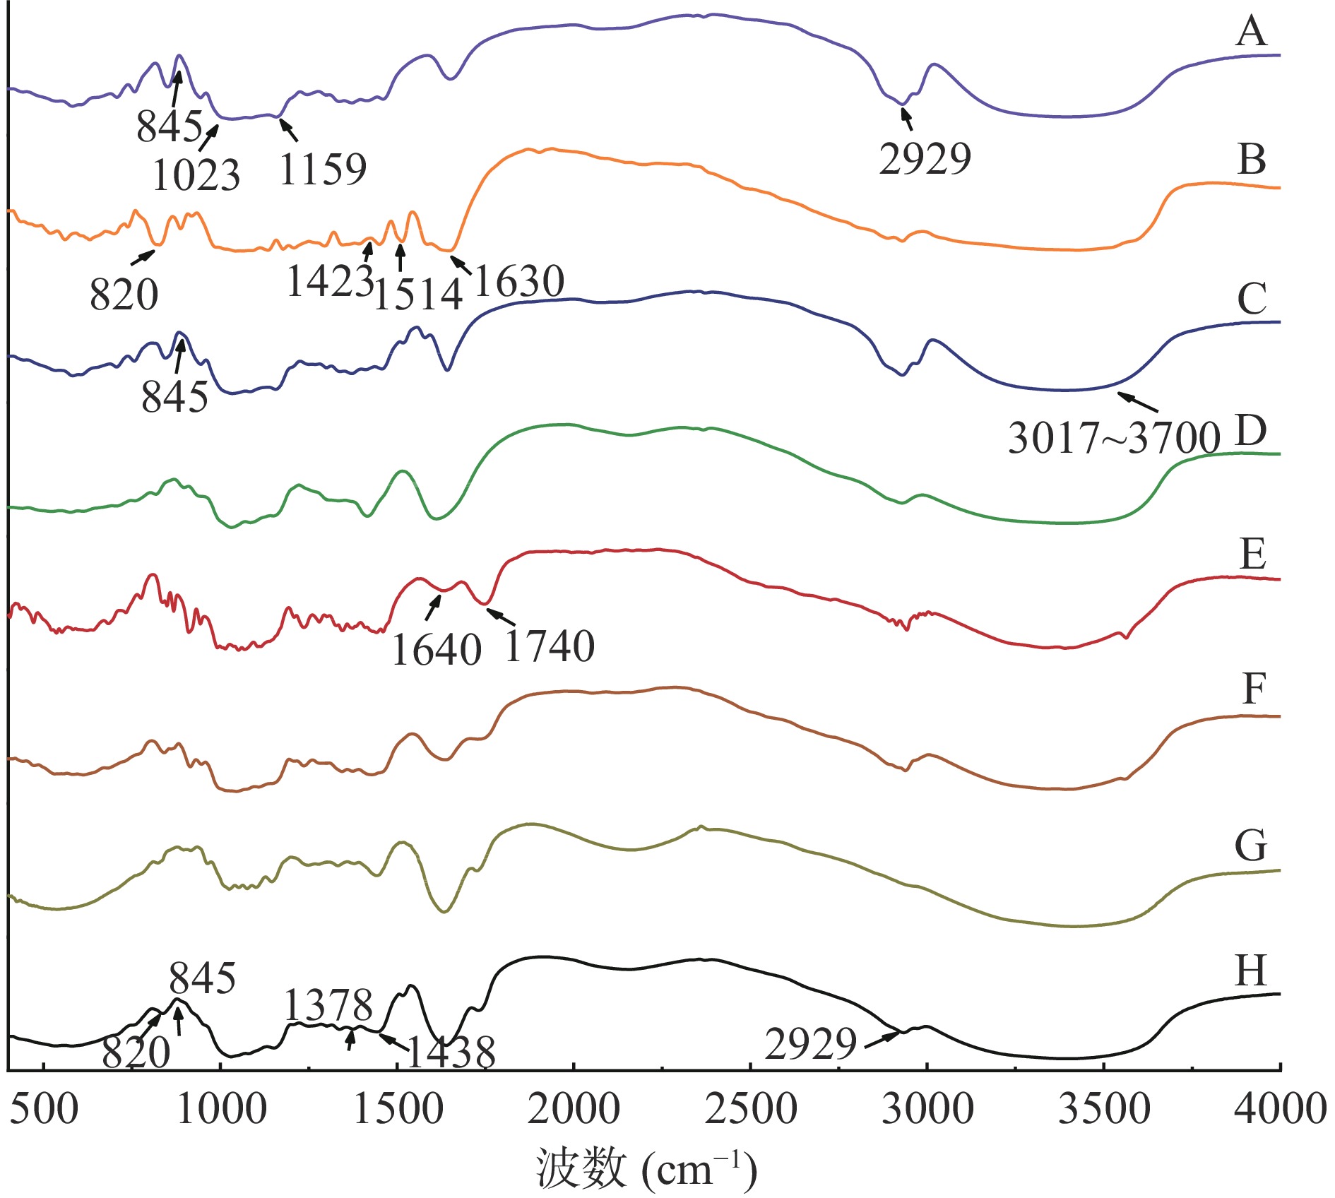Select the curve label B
[1252, 160]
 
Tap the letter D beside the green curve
[1250, 432]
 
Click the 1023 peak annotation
[196, 175]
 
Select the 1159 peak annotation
[323, 170]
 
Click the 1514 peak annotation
[417, 295]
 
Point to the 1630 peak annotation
[519, 282]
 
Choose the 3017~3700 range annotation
[1114, 439]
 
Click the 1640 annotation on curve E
[437, 650]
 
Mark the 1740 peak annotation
[550, 646]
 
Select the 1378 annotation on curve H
[328, 1005]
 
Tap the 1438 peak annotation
[451, 1053]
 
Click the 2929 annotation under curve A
[925, 158]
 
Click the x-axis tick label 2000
[574, 1110]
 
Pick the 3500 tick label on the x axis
[1104, 1110]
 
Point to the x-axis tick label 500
[44, 1110]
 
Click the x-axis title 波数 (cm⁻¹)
[646, 1170]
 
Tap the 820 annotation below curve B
[124, 295]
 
